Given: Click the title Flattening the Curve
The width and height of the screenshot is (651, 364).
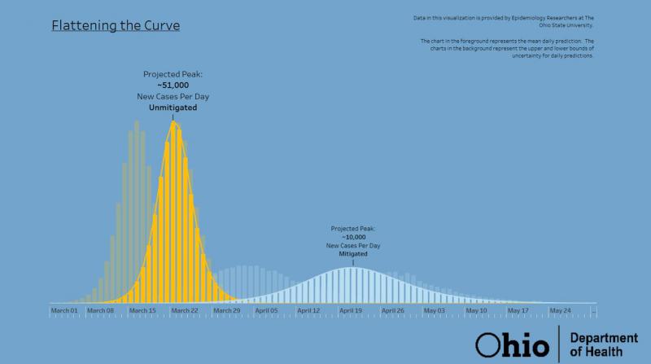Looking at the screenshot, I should coord(116,25).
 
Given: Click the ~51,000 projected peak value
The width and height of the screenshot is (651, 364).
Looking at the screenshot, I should coord(173,85).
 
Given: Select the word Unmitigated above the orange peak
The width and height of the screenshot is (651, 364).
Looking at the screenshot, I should coord(173,107).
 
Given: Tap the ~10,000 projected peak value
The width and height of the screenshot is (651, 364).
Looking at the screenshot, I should coord(353,237).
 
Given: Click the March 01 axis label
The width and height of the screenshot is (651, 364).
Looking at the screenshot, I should coord(64,310).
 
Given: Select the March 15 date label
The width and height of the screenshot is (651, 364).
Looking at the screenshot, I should coord(142,310).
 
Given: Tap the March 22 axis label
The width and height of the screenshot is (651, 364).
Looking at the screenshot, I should coord(184,310).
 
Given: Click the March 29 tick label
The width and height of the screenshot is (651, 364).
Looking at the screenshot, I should coord(226,310).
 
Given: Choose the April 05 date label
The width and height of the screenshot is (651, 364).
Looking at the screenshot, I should coord(267,310).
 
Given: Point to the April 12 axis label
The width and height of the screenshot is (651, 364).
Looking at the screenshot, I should coord(308,310).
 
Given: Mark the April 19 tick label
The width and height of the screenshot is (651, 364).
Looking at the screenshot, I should coord(351,310).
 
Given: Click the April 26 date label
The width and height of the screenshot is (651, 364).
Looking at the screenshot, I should coord(392,310).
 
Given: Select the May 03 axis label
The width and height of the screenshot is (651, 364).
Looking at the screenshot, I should coord(435,310).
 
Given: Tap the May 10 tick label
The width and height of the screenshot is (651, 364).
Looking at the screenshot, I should coord(476,310).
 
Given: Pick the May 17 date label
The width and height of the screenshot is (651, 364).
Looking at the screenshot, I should coord(518,310).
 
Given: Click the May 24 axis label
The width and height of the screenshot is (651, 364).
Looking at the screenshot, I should coord(560,310).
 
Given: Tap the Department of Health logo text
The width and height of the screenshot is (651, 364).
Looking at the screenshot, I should coord(597,344).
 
